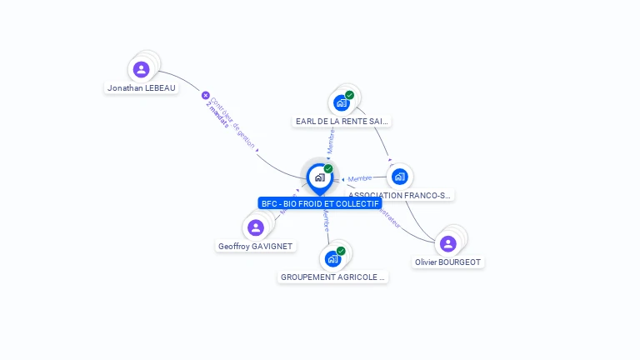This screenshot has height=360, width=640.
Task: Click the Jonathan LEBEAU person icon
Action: click(x=141, y=69)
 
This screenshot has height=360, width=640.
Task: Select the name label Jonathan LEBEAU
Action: click(x=142, y=87)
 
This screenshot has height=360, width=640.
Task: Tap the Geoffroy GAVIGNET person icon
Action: click(x=255, y=227)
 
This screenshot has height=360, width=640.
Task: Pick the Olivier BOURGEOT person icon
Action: click(x=447, y=243)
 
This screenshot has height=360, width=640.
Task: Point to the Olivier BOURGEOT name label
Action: click(x=448, y=262)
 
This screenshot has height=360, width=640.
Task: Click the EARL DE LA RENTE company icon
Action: click(x=340, y=102)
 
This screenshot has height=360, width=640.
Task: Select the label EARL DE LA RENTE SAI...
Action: click(x=342, y=121)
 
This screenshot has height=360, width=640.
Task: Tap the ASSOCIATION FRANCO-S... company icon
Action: click(x=400, y=176)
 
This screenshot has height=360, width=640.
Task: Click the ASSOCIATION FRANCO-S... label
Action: click(x=400, y=195)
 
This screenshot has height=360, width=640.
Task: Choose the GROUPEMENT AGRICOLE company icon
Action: click(x=332, y=258)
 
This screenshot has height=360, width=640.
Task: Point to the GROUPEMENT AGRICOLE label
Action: click(x=333, y=277)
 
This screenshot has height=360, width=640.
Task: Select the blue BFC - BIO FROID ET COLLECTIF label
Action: click(x=320, y=203)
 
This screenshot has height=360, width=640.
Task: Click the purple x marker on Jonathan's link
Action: click(x=206, y=95)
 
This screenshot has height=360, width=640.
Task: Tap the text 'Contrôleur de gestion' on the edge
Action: click(x=233, y=122)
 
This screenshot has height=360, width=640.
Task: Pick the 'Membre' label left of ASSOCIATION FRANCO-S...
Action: click(x=360, y=178)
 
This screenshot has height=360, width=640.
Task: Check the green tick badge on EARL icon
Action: click(x=349, y=95)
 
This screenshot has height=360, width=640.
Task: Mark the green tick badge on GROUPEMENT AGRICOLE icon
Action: click(x=341, y=250)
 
